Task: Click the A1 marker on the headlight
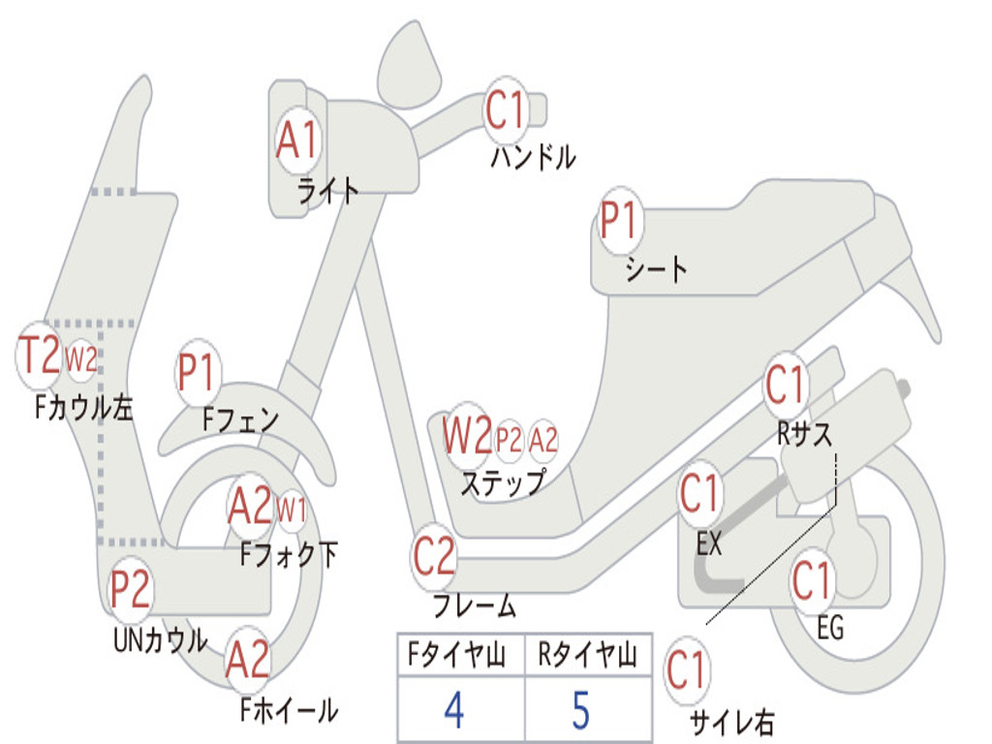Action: (x=296, y=139)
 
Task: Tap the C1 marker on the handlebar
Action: (x=507, y=110)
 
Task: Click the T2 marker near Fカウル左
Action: (x=39, y=356)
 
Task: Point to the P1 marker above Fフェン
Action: (x=198, y=373)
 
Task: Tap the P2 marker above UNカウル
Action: (x=130, y=589)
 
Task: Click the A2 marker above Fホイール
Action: (x=248, y=660)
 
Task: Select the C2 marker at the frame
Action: (x=434, y=556)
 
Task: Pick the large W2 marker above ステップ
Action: (x=467, y=435)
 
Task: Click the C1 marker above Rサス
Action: (x=785, y=386)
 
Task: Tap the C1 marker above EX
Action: (x=699, y=494)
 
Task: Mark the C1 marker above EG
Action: (x=812, y=581)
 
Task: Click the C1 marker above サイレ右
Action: (x=687, y=670)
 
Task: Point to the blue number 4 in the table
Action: (x=455, y=710)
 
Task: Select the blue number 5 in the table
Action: (x=581, y=710)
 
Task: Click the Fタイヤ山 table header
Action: (x=456, y=655)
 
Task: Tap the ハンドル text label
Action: (x=534, y=157)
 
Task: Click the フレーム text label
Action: (x=475, y=605)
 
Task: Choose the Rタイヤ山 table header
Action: (x=588, y=655)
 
